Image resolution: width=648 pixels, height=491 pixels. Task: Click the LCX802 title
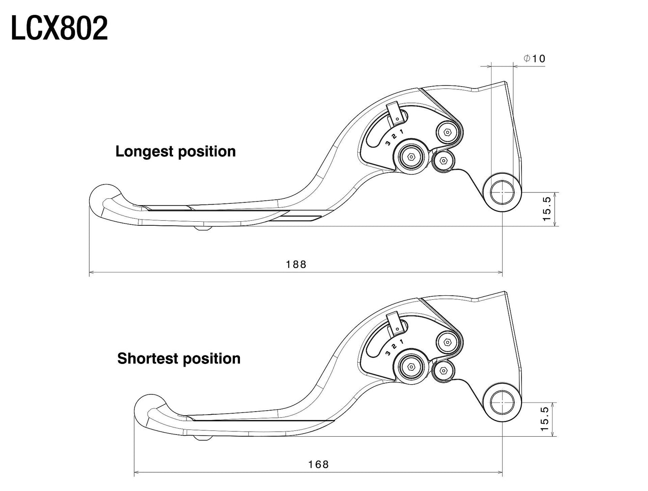tap(59, 28)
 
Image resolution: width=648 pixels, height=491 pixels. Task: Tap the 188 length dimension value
tap(296, 264)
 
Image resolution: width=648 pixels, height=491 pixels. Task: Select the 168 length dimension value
tap(318, 465)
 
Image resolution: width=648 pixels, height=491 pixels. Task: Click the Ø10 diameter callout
tap(535, 58)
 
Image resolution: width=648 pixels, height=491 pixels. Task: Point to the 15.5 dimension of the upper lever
tap(547, 209)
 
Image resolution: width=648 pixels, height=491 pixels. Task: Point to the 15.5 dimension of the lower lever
tap(545, 419)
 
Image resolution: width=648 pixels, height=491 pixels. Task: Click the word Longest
tap(144, 152)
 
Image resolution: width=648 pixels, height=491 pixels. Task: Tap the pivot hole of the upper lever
tap(502, 193)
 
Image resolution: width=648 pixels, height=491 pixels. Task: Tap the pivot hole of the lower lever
tap(502, 402)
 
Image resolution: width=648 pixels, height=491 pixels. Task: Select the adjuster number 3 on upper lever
tap(388, 143)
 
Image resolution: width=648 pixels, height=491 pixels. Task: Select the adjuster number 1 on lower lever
tap(401, 342)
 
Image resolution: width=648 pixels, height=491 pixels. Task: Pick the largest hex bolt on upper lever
tap(411, 157)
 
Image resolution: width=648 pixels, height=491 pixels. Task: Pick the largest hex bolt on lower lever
tap(411, 367)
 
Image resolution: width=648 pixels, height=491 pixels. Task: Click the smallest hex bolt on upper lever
tap(443, 161)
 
